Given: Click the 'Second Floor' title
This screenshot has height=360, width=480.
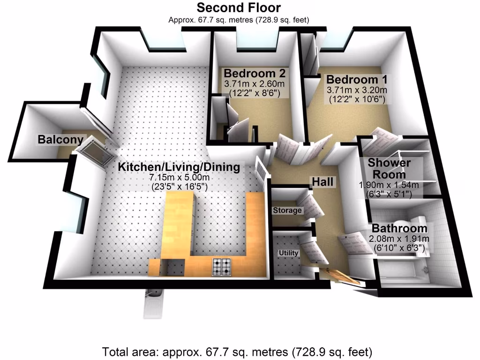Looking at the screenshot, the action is [239, 7].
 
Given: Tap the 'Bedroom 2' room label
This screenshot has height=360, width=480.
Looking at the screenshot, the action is [255, 74].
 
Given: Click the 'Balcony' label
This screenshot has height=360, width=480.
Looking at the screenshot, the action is [60, 139].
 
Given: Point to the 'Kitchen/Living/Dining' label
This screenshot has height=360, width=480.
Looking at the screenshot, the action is [179, 167].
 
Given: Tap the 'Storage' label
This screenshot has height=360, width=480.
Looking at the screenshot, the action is [287, 210].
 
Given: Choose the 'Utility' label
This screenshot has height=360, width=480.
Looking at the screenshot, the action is [289, 253].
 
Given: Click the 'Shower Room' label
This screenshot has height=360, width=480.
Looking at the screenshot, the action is [389, 168].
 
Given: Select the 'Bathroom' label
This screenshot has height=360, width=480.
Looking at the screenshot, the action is [399, 229].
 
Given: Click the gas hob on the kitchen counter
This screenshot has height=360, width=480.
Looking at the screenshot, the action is [222, 267].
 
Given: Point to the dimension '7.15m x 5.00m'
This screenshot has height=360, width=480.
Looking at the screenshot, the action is [179, 178].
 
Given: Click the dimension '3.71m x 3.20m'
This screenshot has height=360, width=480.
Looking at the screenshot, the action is [358, 90].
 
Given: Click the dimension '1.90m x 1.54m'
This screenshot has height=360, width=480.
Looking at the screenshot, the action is [389, 185].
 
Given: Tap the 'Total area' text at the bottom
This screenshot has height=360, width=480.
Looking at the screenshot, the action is [237, 351].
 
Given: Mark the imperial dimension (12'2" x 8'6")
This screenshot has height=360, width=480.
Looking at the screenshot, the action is [255, 93].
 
